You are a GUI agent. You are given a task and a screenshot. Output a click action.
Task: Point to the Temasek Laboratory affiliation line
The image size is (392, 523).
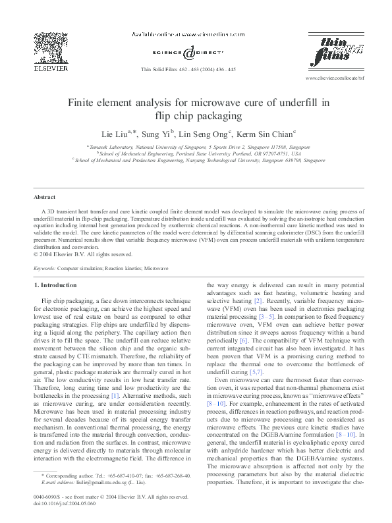click(x=198, y=146)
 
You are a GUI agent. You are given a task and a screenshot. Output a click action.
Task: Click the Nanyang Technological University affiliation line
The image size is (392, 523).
click(x=198, y=159)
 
